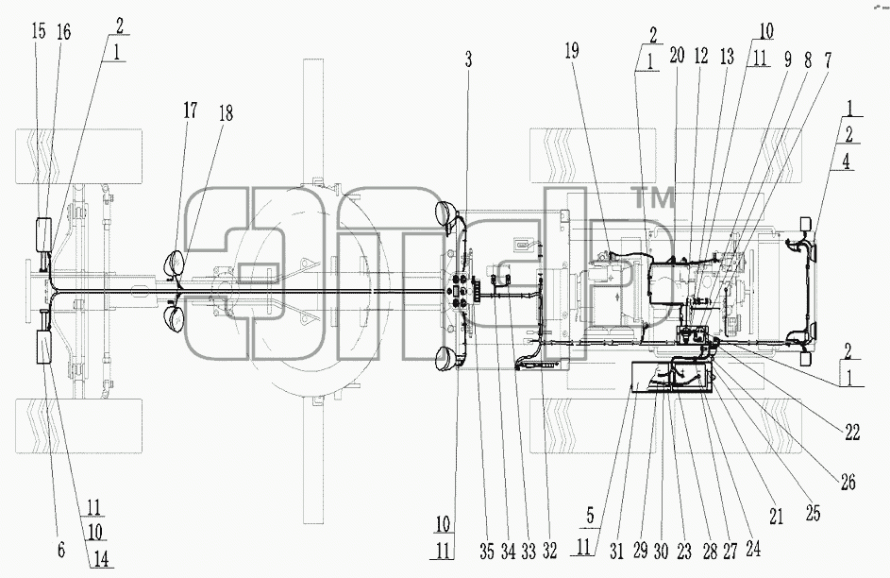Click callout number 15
(x=39, y=31)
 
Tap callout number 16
(x=63, y=32)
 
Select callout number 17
(x=190, y=110)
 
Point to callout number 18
(x=226, y=113)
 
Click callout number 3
(x=468, y=59)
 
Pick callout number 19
(x=572, y=51)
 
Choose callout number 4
(x=846, y=161)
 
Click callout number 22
(x=852, y=432)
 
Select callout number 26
(x=848, y=482)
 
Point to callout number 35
(x=486, y=552)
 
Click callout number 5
(x=590, y=516)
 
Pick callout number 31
(x=616, y=552)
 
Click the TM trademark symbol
(x=654, y=198)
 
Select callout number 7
(x=828, y=60)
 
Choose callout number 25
(x=813, y=512)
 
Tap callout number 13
(x=727, y=57)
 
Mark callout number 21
(x=776, y=516)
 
